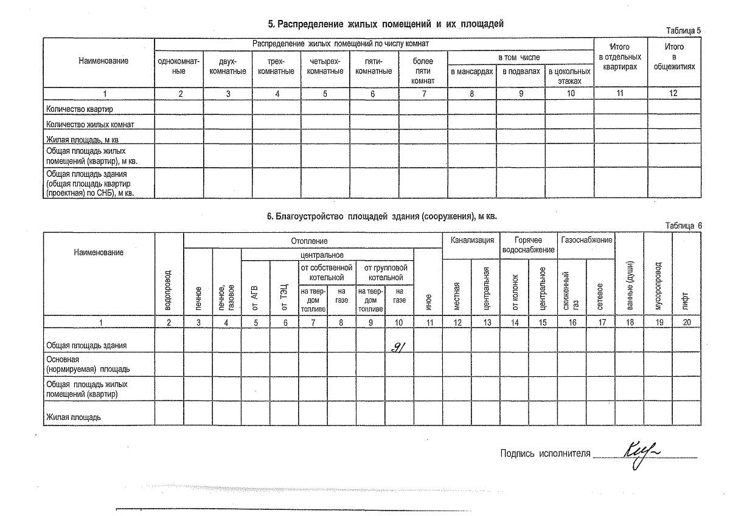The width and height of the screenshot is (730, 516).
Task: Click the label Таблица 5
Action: point(684,30)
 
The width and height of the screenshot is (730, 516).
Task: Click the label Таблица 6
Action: point(684,225)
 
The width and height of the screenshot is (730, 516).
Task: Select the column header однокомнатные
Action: point(179,66)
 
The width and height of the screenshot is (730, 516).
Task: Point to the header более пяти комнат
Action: point(423,71)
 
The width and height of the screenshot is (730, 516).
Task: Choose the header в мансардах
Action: point(471,72)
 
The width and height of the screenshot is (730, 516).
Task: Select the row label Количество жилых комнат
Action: point(90,124)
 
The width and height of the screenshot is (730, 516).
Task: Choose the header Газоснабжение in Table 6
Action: point(586,240)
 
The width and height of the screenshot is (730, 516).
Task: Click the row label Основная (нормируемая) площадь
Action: point(88,364)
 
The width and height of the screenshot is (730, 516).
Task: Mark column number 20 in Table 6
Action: point(686,323)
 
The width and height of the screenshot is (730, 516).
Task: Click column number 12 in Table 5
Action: point(673,94)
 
